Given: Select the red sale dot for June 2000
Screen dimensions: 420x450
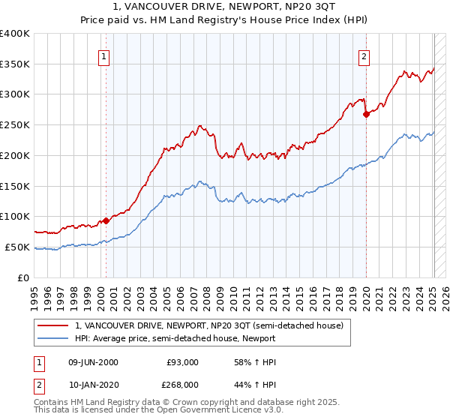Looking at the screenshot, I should click(x=106, y=220).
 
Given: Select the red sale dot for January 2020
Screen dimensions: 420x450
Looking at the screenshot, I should click(x=366, y=114).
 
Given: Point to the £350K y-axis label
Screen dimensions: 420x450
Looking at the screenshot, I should click(x=15, y=64).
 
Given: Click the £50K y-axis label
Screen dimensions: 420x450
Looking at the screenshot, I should click(x=17, y=247).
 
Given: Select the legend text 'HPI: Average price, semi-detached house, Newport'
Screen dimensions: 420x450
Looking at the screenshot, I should click(x=175, y=338).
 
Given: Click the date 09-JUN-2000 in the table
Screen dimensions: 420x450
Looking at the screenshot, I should click(x=93, y=362).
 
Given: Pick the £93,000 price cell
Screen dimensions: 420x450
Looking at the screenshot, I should click(x=182, y=362).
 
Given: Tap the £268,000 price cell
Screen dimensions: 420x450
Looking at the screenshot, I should click(x=182, y=385).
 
